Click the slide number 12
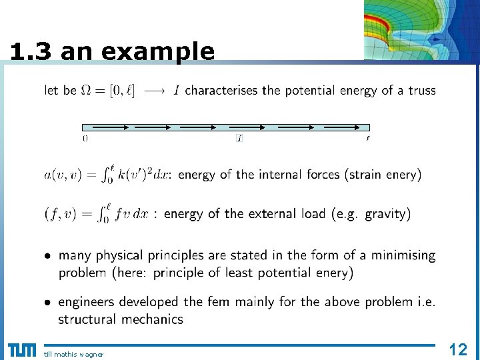(x=458, y=349)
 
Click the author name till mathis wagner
(x=74, y=354)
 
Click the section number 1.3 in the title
(x=32, y=52)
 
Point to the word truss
(x=421, y=90)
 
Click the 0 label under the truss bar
(x=85, y=139)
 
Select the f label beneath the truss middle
(x=239, y=139)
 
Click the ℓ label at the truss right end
(x=367, y=139)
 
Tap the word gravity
(x=385, y=214)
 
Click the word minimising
(x=403, y=255)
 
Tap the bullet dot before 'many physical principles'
(x=48, y=256)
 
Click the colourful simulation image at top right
(x=421, y=30)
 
